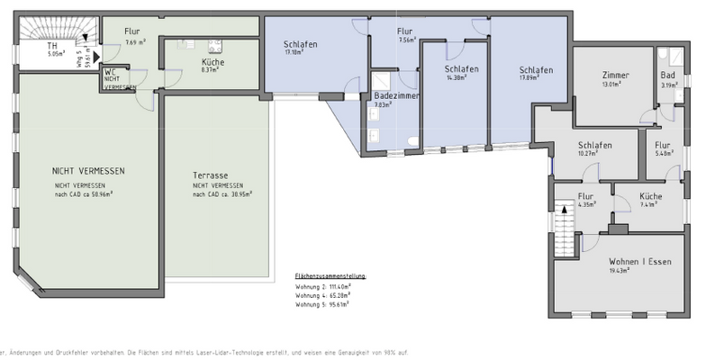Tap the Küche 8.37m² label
(213, 62)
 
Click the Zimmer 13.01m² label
(615, 76)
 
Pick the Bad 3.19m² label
(667, 76)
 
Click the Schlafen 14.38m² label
(461, 69)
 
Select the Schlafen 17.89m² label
(535, 70)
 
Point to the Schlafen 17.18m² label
(301, 45)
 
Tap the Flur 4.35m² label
(585, 197)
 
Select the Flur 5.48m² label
(662, 146)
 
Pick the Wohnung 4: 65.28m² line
(322, 294)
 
